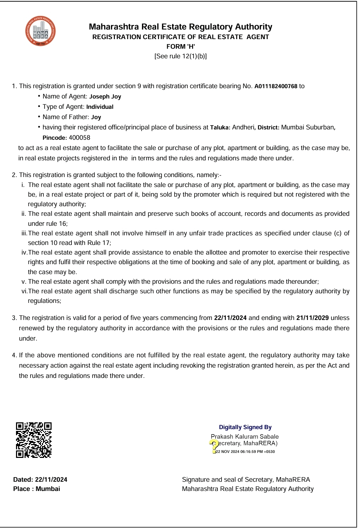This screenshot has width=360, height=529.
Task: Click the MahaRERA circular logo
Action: pyautogui.click(x=40, y=31)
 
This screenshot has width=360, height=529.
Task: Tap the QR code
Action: pyautogui.click(x=34, y=440)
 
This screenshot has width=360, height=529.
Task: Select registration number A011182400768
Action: pyautogui.click(x=276, y=86)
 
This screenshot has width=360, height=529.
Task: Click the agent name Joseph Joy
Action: pyautogui.click(x=105, y=97)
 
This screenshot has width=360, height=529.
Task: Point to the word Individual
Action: pyautogui.click(x=100, y=107)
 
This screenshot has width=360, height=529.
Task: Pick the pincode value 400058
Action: pyautogui.click(x=79, y=138)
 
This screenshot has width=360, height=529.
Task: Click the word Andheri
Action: pyautogui.click(x=243, y=128)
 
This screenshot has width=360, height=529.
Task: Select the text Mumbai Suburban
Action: pyautogui.click(x=307, y=128)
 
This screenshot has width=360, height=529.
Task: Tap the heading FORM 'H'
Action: pyautogui.click(x=180, y=47)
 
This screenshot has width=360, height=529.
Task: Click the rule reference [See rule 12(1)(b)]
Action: pyautogui.click(x=180, y=56)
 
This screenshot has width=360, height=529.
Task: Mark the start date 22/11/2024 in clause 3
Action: pyautogui.click(x=230, y=318)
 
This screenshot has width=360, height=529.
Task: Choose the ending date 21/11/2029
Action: pyautogui.click(x=312, y=318)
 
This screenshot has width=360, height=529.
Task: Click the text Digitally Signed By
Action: pyautogui.click(x=245, y=427)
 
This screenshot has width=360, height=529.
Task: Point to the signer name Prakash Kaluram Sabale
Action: pyautogui.click(x=245, y=437)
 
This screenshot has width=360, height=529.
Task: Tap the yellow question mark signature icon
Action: pyautogui.click(x=214, y=444)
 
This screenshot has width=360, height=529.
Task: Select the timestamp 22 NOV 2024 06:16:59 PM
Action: pyautogui.click(x=245, y=452)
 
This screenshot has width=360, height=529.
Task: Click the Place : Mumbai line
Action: pyautogui.click(x=37, y=489)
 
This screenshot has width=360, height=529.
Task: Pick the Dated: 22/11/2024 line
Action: pyautogui.click(x=40, y=480)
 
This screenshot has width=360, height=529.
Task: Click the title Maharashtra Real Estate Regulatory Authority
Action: pyautogui.click(x=180, y=27)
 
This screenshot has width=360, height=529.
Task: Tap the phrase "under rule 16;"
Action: pyautogui.click(x=48, y=224)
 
